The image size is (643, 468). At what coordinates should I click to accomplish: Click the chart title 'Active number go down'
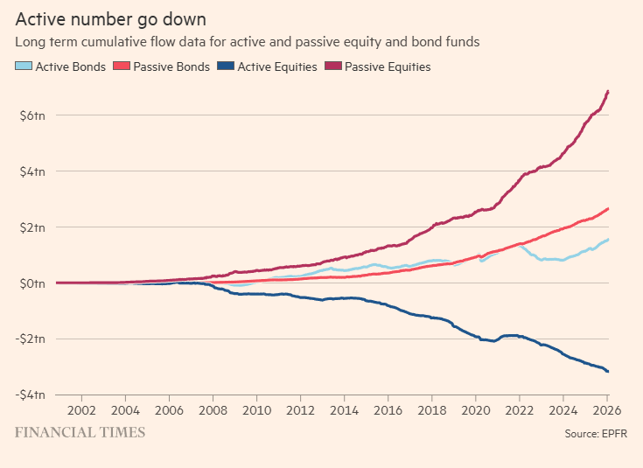pos(110,18)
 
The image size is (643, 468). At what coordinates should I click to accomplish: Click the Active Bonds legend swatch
pos(24,66)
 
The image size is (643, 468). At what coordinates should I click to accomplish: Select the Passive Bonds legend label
pos(171,66)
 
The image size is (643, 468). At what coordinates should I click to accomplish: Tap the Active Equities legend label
pos(276,66)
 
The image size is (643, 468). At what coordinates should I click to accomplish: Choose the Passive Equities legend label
pos(388,66)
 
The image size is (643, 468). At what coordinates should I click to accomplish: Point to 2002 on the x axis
pos(80,409)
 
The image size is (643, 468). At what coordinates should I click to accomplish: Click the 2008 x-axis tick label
pos(212,409)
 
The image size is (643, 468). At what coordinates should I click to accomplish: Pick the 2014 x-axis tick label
pos(344,409)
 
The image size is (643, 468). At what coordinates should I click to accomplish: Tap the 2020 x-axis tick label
pos(476,409)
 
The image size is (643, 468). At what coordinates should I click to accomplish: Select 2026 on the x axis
pos(607,409)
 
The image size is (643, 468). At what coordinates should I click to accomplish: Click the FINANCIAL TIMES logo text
pos(80,432)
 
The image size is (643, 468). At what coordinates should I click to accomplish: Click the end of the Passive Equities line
pos(608,91)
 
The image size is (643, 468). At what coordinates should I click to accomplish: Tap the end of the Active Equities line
pos(608,372)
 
